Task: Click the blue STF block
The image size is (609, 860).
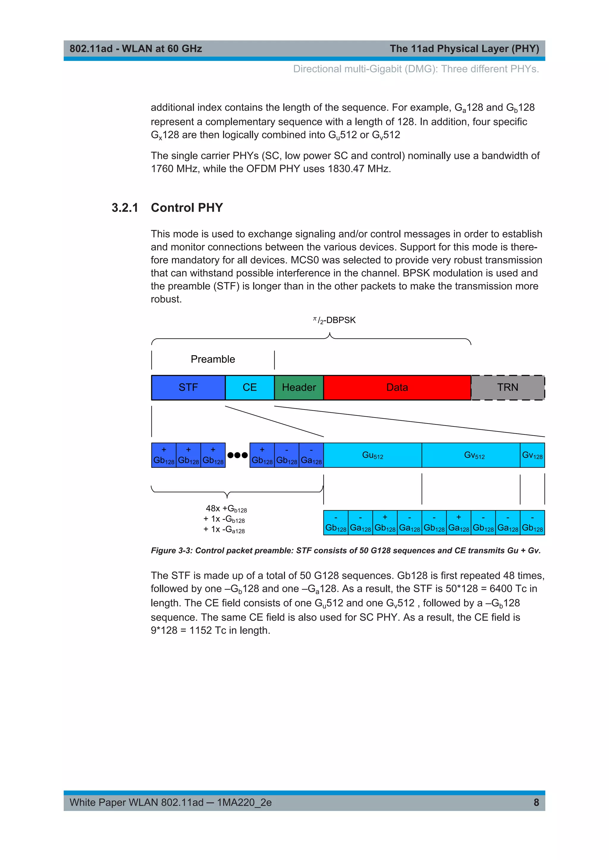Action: (x=188, y=387)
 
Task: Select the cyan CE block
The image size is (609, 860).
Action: (x=249, y=387)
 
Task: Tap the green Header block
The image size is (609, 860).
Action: (x=299, y=387)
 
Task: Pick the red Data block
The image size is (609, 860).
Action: (x=397, y=387)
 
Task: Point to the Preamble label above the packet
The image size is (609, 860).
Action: (x=213, y=359)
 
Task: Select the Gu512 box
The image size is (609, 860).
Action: (x=372, y=455)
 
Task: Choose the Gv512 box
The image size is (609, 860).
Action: (x=474, y=455)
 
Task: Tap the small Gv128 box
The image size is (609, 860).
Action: (x=532, y=455)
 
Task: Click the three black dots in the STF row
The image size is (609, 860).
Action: (x=237, y=455)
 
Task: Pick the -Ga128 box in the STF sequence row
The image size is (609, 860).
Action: (x=311, y=456)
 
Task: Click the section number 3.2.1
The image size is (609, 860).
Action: (x=125, y=208)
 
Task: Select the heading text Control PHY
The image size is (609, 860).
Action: (x=187, y=208)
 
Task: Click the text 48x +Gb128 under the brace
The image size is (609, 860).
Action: (x=226, y=509)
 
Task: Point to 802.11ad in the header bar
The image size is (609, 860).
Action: (x=91, y=49)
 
